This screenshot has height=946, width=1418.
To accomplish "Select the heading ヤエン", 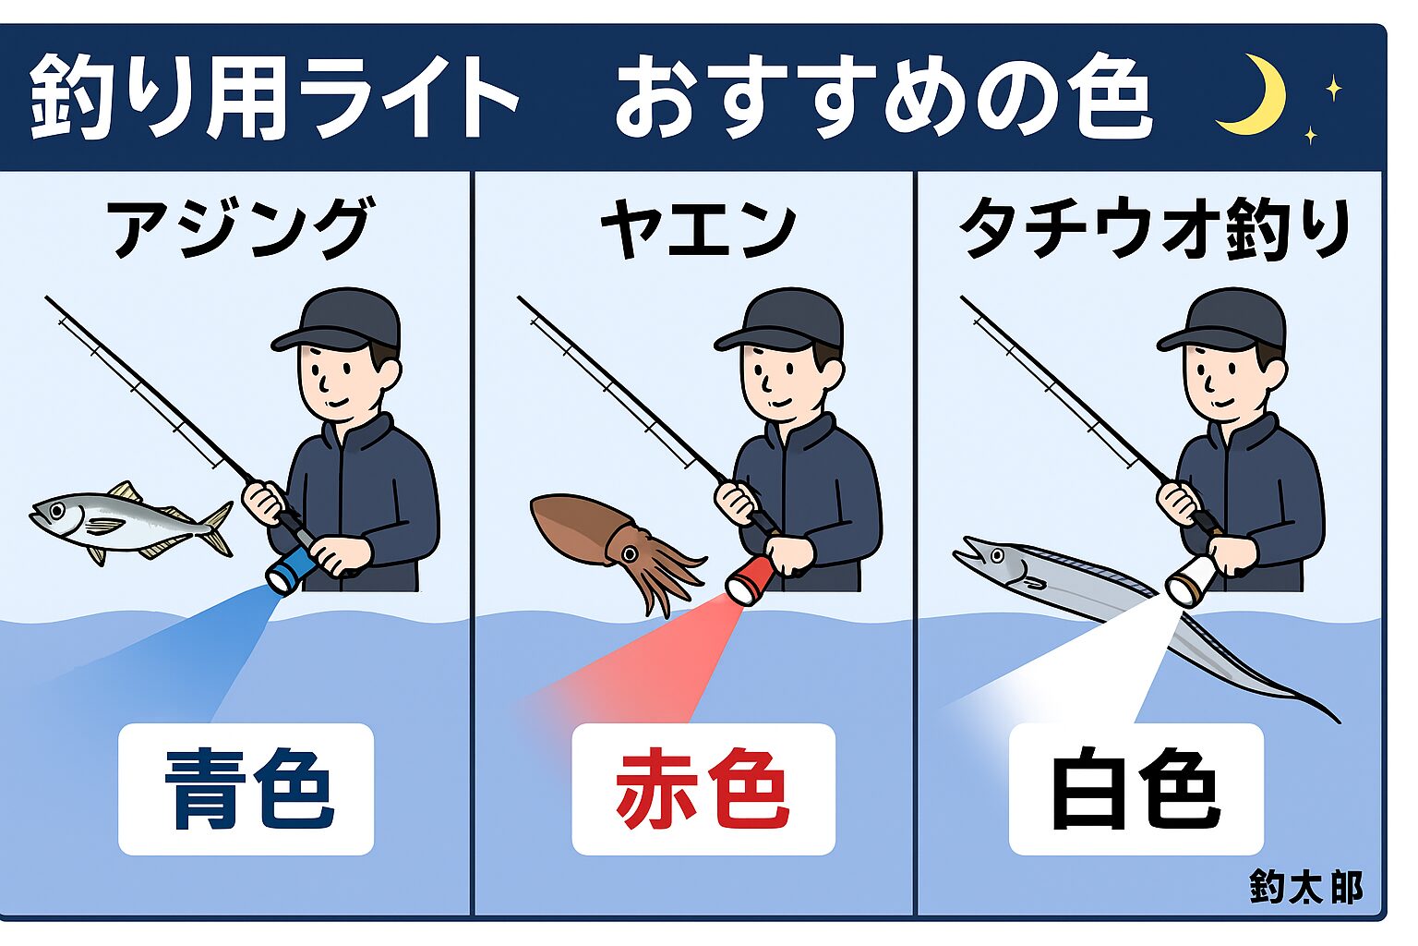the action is pos(698,227).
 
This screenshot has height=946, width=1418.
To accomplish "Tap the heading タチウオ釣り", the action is pos(1155,227).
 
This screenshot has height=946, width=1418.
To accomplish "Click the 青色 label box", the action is pos(246,789).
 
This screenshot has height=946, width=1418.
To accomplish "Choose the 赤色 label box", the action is pos(703,789).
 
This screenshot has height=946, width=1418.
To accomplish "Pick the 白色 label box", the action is pos(1136,789).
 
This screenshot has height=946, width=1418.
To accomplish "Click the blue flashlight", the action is pos(295,568).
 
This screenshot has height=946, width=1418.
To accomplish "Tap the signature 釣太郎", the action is pos(1306,887).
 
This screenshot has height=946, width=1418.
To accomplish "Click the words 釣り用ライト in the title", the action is pos(273,96).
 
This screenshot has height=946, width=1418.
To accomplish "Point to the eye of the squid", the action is pos(631,553).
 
